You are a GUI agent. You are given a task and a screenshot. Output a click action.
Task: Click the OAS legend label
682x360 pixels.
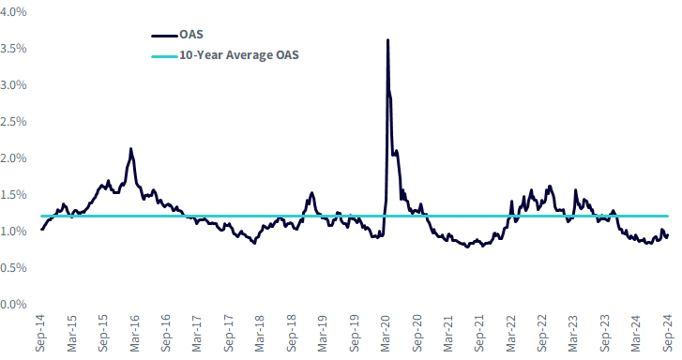pyautogui.click(x=191, y=35)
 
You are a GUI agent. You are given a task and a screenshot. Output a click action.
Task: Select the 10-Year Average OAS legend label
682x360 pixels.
pyautogui.click(x=239, y=55)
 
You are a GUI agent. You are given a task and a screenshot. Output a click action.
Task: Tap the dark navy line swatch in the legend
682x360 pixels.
pyautogui.click(x=165, y=36)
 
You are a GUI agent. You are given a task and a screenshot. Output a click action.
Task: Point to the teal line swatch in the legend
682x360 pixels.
pyautogui.click(x=165, y=56)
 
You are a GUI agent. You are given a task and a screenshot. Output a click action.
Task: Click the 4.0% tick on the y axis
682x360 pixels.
pyautogui.click(x=13, y=12)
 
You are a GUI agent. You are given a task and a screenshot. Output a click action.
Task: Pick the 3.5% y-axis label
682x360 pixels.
pyautogui.click(x=13, y=48)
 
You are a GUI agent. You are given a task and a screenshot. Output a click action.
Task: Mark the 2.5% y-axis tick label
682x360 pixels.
pyautogui.click(x=13, y=121)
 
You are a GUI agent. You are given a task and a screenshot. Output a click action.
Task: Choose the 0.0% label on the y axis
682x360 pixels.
pyautogui.click(x=13, y=305)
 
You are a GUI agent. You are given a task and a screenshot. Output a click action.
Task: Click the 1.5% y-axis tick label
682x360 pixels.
pyautogui.click(x=13, y=195)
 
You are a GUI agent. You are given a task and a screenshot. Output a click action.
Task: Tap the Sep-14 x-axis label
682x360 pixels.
pyautogui.click(x=40, y=333)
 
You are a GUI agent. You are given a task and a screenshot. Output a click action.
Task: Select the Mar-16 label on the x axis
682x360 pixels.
pyautogui.click(x=134, y=333)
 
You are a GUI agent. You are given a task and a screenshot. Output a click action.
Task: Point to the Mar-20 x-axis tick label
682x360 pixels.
pyautogui.click(x=386, y=333)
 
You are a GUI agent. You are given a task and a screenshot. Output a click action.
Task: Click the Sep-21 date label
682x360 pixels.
pyautogui.click(x=479, y=333)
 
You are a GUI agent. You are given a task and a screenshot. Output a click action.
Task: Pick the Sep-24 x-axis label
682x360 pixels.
pyautogui.click(x=668, y=333)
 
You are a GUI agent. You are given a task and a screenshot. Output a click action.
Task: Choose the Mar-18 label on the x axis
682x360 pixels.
pyautogui.click(x=260, y=333)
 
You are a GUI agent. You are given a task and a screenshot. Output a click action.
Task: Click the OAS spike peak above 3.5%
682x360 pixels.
pyautogui.click(x=387, y=40)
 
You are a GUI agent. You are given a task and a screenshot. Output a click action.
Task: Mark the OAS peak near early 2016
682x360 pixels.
pyautogui.click(x=131, y=149)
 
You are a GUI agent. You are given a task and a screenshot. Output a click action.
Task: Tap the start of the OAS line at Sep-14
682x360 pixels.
pyautogui.click(x=42, y=229)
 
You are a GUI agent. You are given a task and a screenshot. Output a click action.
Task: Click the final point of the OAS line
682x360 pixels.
pyautogui.click(x=668, y=234)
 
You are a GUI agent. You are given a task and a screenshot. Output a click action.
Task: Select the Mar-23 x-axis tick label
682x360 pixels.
pyautogui.click(x=574, y=333)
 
